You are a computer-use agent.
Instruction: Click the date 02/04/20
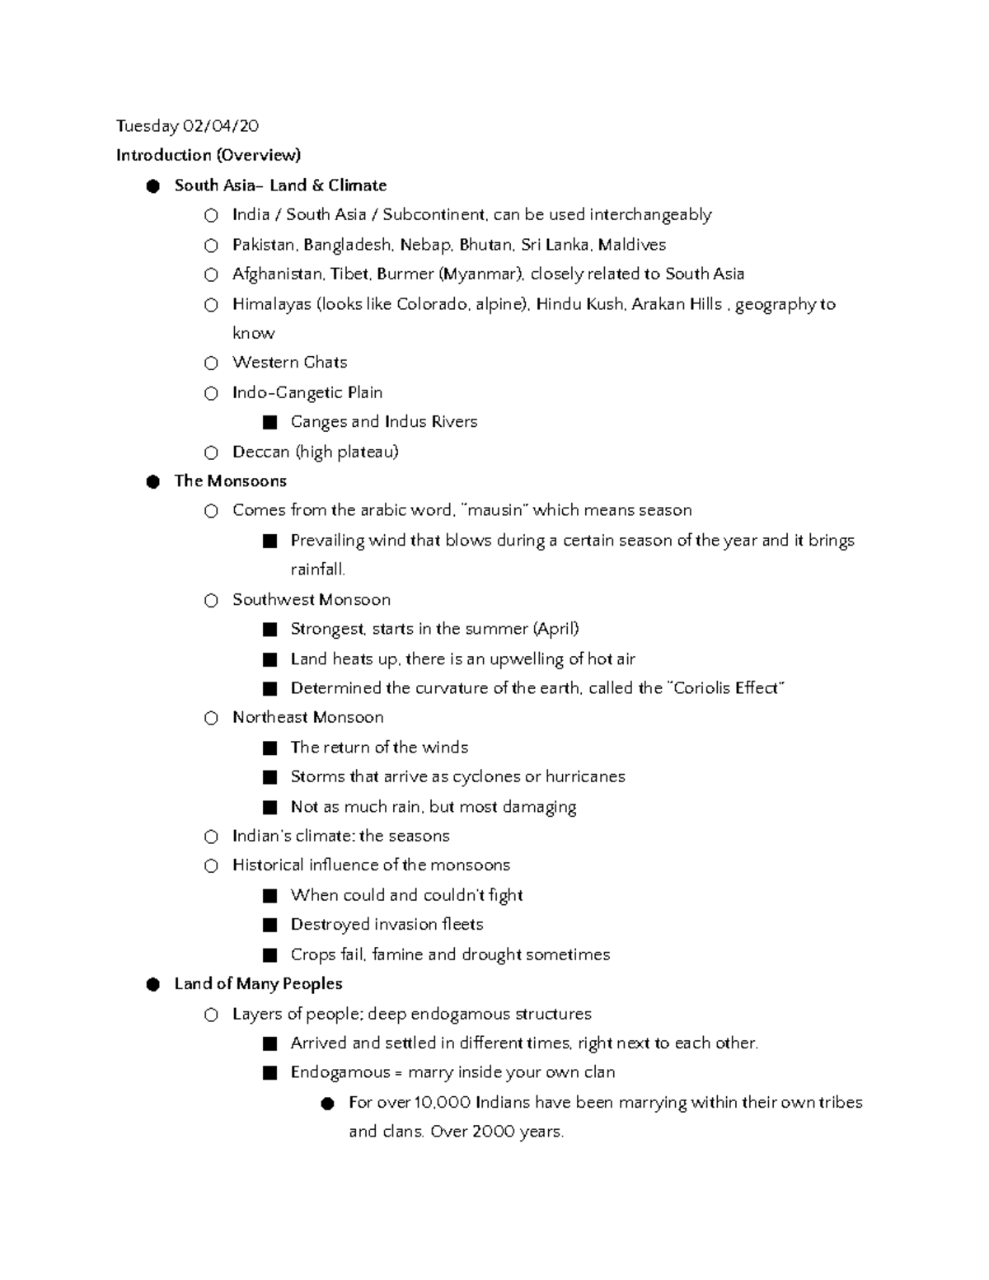(x=220, y=126)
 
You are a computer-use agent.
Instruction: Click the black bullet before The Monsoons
(x=152, y=482)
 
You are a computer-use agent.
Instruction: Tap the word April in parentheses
(x=556, y=629)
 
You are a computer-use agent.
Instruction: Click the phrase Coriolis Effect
(x=725, y=688)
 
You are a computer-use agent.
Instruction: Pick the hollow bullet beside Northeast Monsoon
(x=211, y=719)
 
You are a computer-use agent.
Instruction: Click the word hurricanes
(x=585, y=776)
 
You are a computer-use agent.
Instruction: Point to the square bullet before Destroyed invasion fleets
(x=269, y=925)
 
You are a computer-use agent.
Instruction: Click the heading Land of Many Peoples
(x=258, y=984)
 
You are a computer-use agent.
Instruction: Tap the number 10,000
(x=443, y=1102)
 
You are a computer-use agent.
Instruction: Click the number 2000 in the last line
(x=494, y=1132)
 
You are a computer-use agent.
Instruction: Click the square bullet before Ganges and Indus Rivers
(x=269, y=423)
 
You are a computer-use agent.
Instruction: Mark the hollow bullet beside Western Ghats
(x=211, y=363)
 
